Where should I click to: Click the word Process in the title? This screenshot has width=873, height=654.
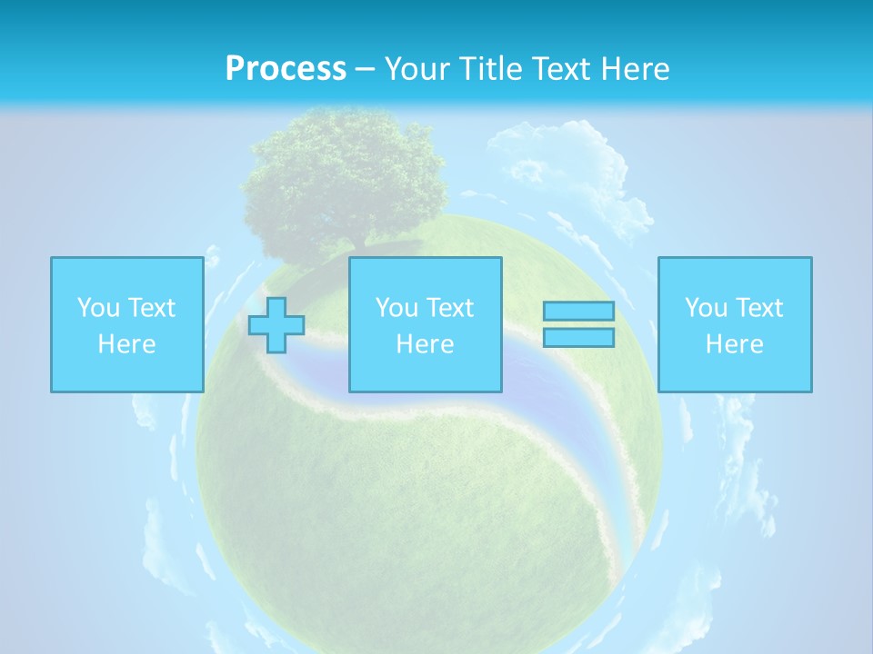coord(286,69)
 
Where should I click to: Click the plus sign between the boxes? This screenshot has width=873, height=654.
coord(276,325)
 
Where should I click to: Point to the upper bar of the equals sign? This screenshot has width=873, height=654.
coord(578,312)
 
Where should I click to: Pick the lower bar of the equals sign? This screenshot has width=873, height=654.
coord(578,337)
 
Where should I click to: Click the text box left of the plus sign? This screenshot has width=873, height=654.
coord(126,324)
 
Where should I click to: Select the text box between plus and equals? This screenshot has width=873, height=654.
coord(425,324)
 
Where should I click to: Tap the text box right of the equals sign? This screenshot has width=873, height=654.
coord(735,324)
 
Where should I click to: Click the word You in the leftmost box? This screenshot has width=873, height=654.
coord(97,308)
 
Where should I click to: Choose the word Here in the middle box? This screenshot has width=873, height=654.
coord(425,344)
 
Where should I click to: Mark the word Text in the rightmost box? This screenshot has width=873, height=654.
coord(759,308)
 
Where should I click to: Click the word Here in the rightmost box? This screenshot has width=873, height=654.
coord(735,344)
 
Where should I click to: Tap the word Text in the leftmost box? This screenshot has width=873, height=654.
coord(151,308)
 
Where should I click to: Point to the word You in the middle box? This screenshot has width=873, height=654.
coord(396,308)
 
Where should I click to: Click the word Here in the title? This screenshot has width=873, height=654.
coord(634,69)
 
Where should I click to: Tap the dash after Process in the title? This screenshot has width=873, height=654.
coord(365,69)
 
